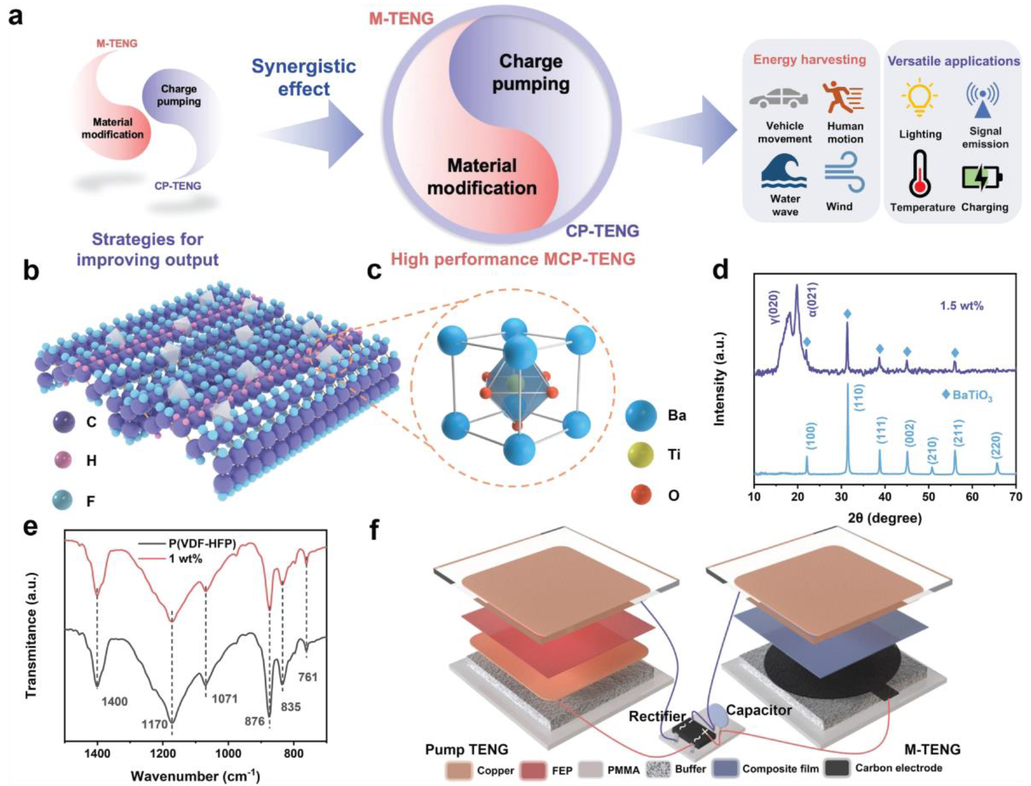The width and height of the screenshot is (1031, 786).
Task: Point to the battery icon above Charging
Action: (982, 178)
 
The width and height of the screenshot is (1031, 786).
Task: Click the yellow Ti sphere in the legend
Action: (640, 454)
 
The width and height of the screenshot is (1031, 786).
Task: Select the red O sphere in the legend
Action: (640, 495)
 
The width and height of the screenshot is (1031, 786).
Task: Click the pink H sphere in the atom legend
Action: (63, 460)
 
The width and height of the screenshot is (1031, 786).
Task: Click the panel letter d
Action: (720, 271)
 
